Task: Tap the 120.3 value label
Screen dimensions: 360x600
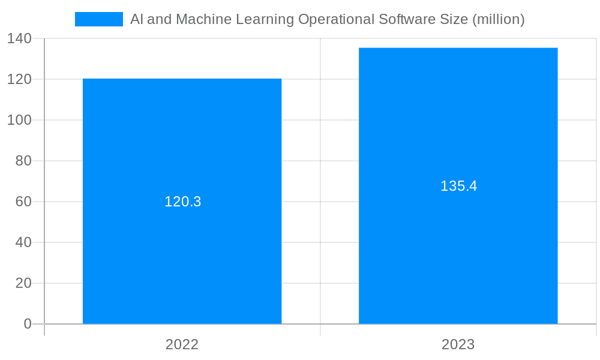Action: [182, 202]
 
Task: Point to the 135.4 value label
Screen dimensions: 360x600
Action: [458, 186]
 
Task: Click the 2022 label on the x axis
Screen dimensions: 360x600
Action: [182, 344]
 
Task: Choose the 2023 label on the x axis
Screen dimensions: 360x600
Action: [458, 344]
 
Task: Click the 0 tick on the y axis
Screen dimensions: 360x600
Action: [28, 324]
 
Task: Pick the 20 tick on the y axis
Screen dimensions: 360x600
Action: [23, 283]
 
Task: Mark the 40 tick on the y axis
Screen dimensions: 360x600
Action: [23, 242]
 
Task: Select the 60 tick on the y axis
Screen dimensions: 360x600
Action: [23, 202]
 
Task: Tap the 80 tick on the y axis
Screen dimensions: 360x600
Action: [23, 161]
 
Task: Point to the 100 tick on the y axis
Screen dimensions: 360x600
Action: [19, 120]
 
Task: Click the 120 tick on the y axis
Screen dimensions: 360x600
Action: [19, 79]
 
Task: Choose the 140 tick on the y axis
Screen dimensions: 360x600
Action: [19, 38]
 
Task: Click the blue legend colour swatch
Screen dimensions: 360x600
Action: [98, 19]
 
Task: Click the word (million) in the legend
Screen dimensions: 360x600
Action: [498, 19]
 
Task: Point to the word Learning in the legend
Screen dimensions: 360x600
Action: [265, 19]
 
